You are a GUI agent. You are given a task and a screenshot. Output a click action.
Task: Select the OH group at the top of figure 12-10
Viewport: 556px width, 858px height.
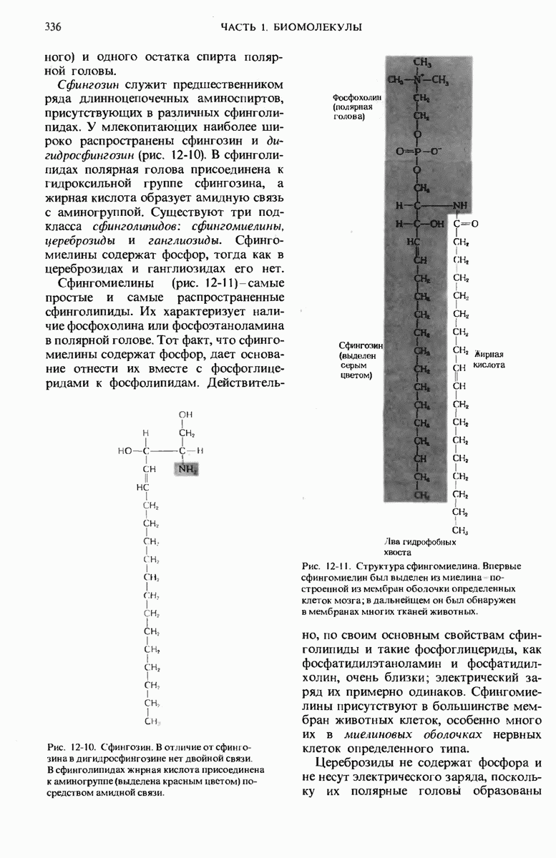[x=185, y=415]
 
